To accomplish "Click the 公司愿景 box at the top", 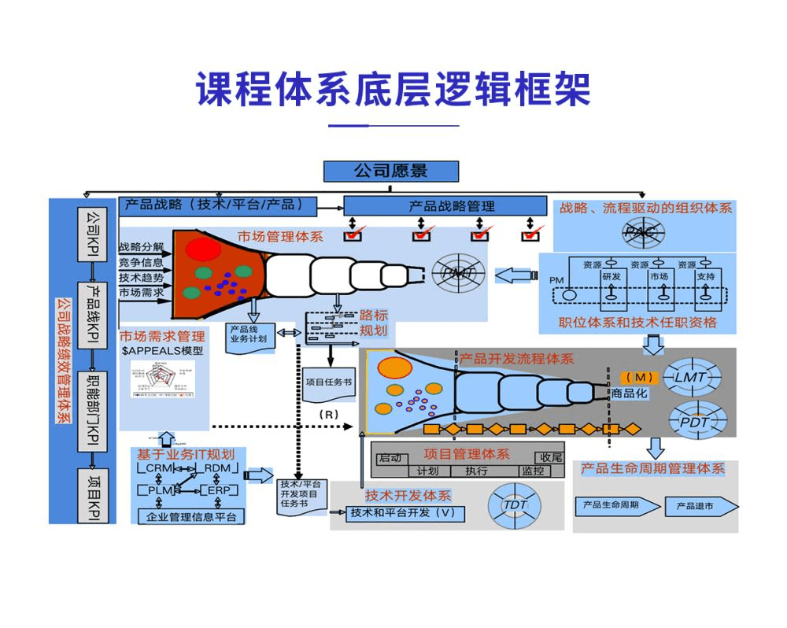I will coord(390,171).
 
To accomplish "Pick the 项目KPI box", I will coord(93,494).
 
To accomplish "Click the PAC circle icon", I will coord(645,231).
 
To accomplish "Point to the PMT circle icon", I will coord(458,273).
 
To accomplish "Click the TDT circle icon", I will coord(515,504).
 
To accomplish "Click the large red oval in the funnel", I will coord(203,249).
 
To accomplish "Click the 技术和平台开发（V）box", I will coord(405,512).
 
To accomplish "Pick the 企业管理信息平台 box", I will coord(191,517).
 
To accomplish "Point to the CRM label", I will coord(159,468).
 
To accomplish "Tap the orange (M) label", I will coord(638,378).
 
